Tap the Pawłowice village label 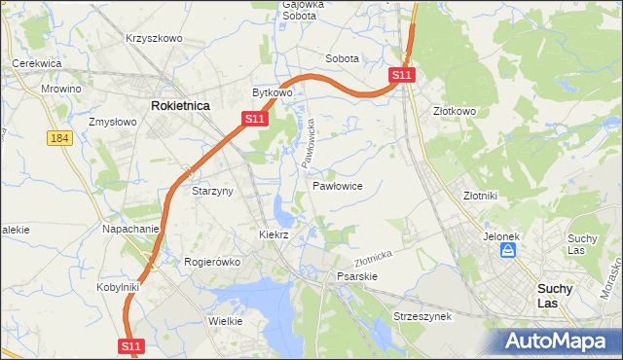point(338,185)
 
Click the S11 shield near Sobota point(403,74)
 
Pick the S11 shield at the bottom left point(132,345)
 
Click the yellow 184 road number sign point(59,139)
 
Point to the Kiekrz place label point(274,234)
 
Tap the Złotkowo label point(455,111)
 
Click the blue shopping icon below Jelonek point(507,251)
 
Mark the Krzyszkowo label point(154,38)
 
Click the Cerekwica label point(37,63)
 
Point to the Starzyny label point(212,191)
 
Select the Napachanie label point(130,229)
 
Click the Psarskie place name point(356,276)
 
